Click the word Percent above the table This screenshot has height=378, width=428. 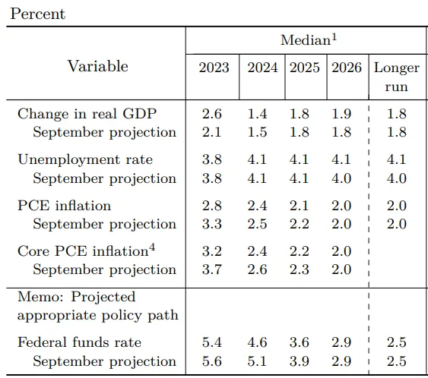(x=37, y=14)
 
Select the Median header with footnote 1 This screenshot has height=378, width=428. (x=306, y=40)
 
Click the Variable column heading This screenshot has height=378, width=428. (x=97, y=67)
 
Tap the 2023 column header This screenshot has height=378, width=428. (x=214, y=68)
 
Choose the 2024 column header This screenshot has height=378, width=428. (x=262, y=68)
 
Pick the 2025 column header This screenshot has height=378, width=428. (x=304, y=68)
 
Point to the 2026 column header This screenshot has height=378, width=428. (x=347, y=68)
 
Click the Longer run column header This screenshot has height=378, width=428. (x=396, y=77)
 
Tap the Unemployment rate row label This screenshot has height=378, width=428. (x=84, y=159)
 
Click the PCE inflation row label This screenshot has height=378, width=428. (x=64, y=206)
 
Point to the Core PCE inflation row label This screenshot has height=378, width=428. (x=82, y=251)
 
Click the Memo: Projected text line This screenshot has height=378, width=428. (x=76, y=297)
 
